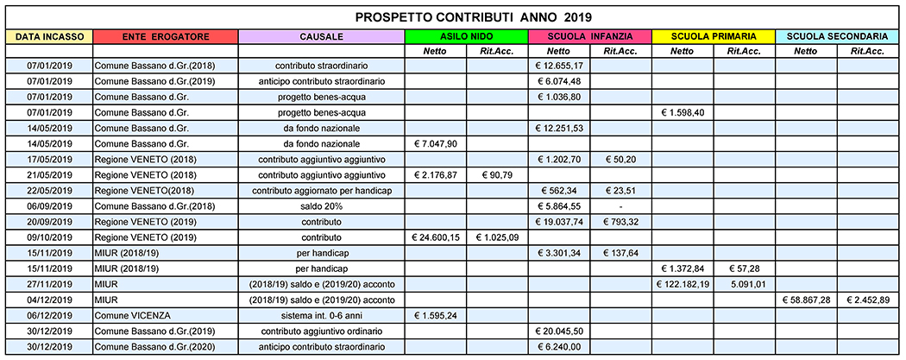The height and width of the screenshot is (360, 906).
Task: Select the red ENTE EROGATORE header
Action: [x=166, y=36]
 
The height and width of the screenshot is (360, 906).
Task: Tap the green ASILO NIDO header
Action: [x=466, y=36]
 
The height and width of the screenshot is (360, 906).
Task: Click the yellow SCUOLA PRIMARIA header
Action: [x=713, y=36]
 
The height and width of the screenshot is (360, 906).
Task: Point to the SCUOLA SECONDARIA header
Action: [x=837, y=36]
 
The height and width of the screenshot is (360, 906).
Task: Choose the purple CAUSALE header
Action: [x=321, y=36]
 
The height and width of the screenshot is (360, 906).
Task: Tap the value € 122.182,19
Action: [x=683, y=284]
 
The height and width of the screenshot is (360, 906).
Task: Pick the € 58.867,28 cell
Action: [x=806, y=300]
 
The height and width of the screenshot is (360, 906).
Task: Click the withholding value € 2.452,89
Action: [x=868, y=300]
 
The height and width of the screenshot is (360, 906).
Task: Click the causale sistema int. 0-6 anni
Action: [x=321, y=314]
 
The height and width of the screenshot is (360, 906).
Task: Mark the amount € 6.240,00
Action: [x=559, y=347]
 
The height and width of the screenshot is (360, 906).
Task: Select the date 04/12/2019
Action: [x=49, y=300]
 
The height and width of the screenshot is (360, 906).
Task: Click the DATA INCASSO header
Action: [x=49, y=36]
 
